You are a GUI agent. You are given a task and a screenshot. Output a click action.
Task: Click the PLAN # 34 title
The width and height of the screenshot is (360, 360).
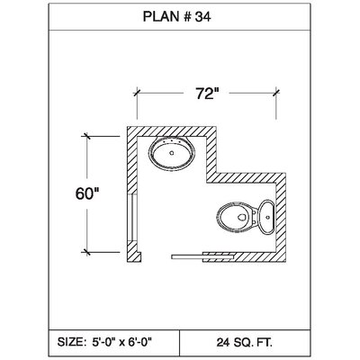coord(176,17)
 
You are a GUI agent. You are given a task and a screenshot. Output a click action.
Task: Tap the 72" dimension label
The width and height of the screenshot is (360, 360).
coord(207,94)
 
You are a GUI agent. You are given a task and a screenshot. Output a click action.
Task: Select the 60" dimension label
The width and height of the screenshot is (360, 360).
coord(87,193)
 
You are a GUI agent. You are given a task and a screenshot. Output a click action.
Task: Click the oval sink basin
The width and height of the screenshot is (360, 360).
coord(172,153)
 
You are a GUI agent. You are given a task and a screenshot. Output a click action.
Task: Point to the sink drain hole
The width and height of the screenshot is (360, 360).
coord(172,153)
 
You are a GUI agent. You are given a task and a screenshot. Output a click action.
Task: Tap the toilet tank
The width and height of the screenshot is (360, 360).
coord(266,217)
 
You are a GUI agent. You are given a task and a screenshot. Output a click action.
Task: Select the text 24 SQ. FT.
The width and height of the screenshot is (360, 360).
coord(245,342)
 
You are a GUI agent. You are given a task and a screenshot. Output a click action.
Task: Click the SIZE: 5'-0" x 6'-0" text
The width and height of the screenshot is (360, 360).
coord(104,341)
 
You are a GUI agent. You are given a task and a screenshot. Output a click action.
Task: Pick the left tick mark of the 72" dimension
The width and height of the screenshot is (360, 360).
coord(137,92)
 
